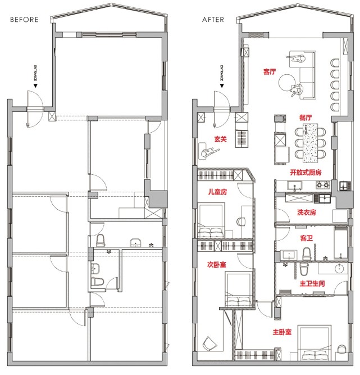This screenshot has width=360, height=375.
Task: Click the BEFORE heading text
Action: pyautogui.click(x=24, y=20)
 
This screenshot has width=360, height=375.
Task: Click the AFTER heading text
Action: pyautogui.click(x=213, y=20)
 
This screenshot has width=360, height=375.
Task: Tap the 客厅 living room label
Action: pyautogui.click(x=270, y=71)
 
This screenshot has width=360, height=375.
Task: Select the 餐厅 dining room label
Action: pyautogui.click(x=306, y=118)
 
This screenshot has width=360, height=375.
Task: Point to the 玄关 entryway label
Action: pyautogui.click(x=220, y=139)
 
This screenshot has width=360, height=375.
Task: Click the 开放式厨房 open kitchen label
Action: pyautogui.click(x=306, y=173)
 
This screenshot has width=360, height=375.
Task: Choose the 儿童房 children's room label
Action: pyautogui.click(x=217, y=192)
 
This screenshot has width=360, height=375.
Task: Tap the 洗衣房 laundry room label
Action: pyautogui.click(x=307, y=212)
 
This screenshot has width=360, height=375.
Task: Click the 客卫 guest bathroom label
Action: pyautogui.click(x=306, y=238)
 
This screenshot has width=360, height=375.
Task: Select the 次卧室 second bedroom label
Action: pyautogui.click(x=216, y=264)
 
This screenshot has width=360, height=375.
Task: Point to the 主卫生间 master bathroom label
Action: pyautogui.click(x=312, y=284)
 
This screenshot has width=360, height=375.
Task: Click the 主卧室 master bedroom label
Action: pyautogui.click(x=282, y=332)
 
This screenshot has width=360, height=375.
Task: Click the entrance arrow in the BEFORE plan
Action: pyautogui.click(x=35, y=85)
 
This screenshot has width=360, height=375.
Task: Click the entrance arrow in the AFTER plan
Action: pyautogui.click(x=222, y=85)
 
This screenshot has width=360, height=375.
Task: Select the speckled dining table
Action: pyautogui.click(x=311, y=143)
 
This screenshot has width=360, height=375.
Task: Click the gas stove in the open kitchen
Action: pyautogui.click(x=322, y=184)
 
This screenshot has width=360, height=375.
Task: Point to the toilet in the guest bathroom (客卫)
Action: pyautogui.click(x=307, y=254)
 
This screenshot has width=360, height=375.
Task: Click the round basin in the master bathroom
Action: pyautogui.click(x=339, y=268)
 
